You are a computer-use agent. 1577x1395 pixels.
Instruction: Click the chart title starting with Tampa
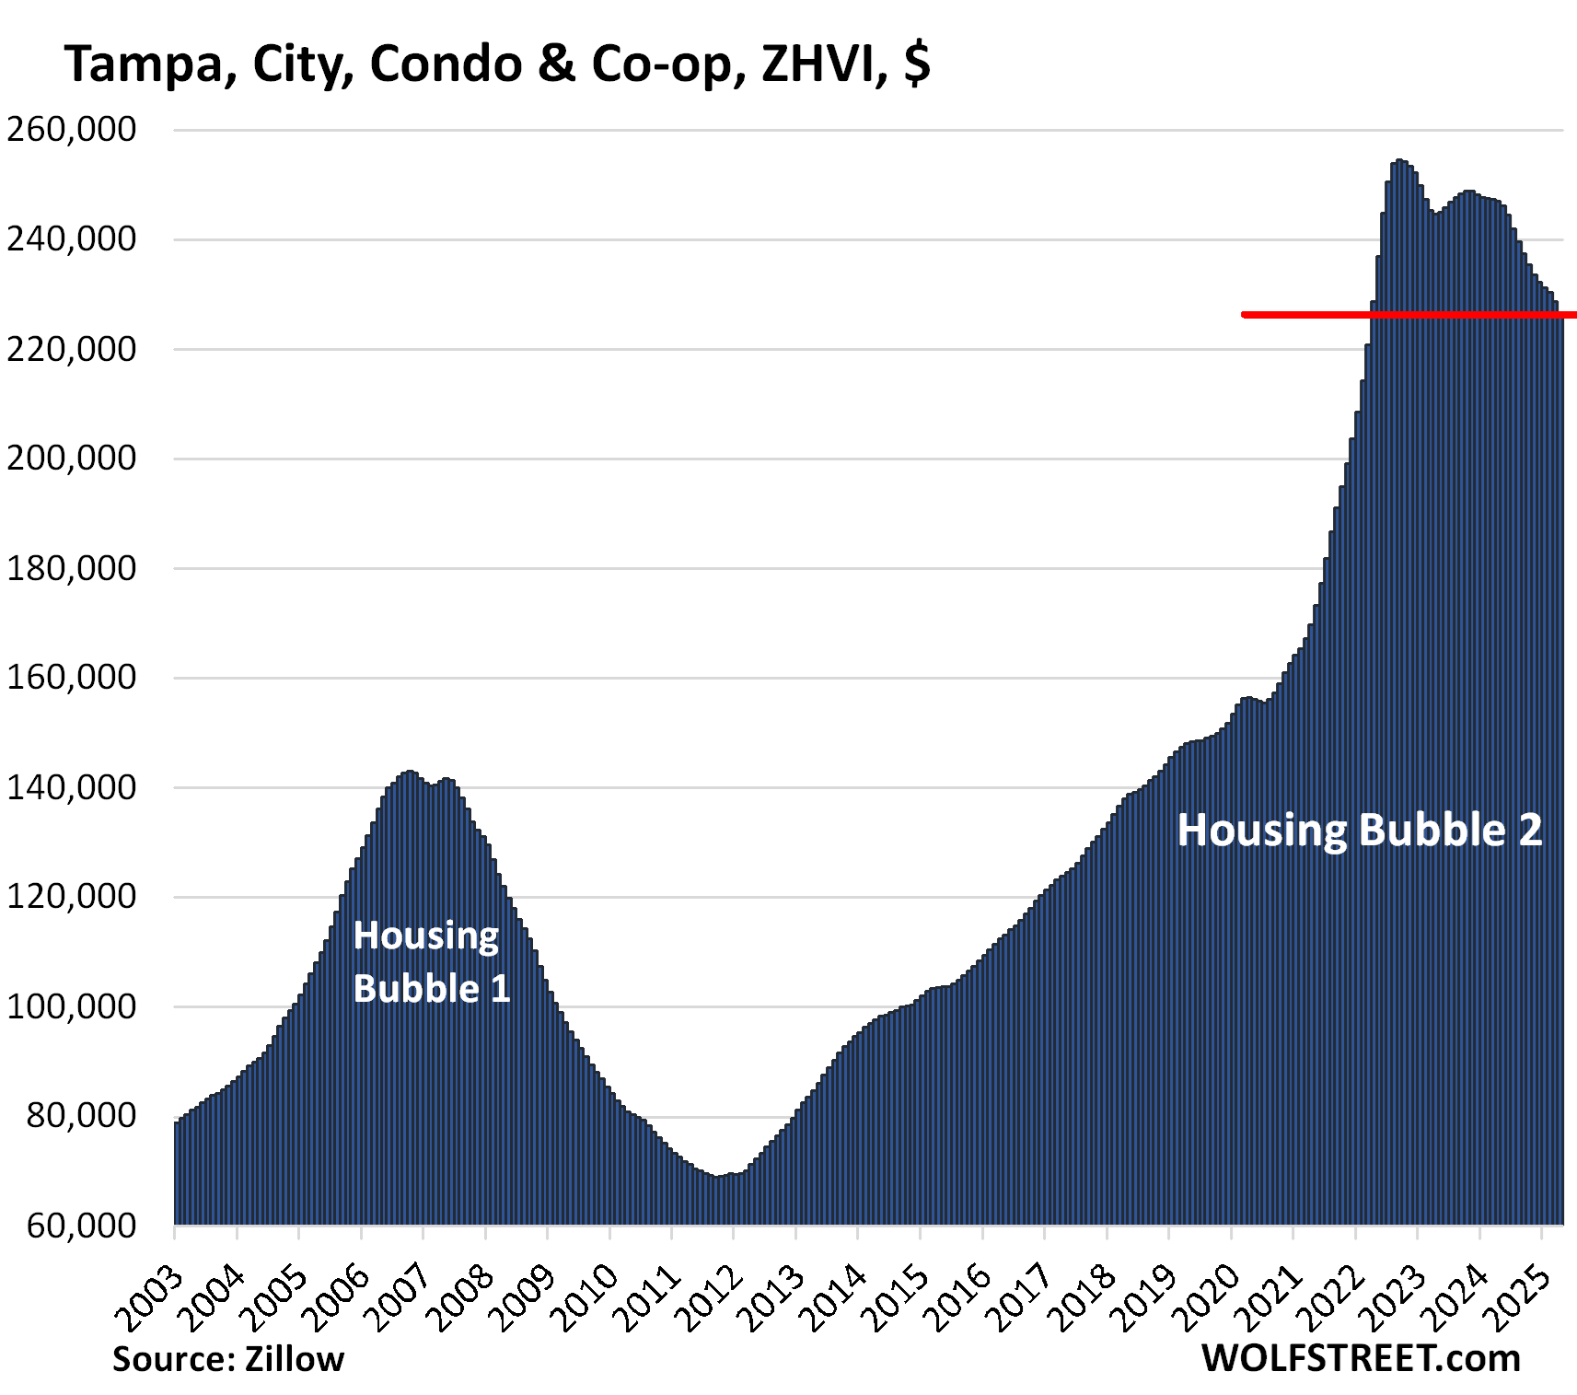click(497, 64)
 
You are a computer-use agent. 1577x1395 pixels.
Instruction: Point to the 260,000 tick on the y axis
click(71, 129)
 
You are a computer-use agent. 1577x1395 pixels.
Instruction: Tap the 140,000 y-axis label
click(71, 787)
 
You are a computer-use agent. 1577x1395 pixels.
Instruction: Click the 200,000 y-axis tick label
click(71, 458)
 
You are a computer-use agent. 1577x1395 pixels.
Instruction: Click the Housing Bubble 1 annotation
click(431, 962)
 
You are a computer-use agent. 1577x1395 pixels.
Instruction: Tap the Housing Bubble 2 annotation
click(1359, 831)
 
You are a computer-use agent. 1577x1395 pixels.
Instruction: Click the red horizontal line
click(1409, 315)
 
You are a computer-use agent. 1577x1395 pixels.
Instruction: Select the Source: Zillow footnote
click(228, 1359)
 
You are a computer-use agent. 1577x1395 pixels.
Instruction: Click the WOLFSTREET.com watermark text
click(1361, 1359)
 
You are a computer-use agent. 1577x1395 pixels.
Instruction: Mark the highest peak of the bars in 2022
click(1399, 162)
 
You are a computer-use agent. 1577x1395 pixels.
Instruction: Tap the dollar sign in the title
click(917, 64)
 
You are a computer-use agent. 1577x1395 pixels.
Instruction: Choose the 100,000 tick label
click(71, 1006)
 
